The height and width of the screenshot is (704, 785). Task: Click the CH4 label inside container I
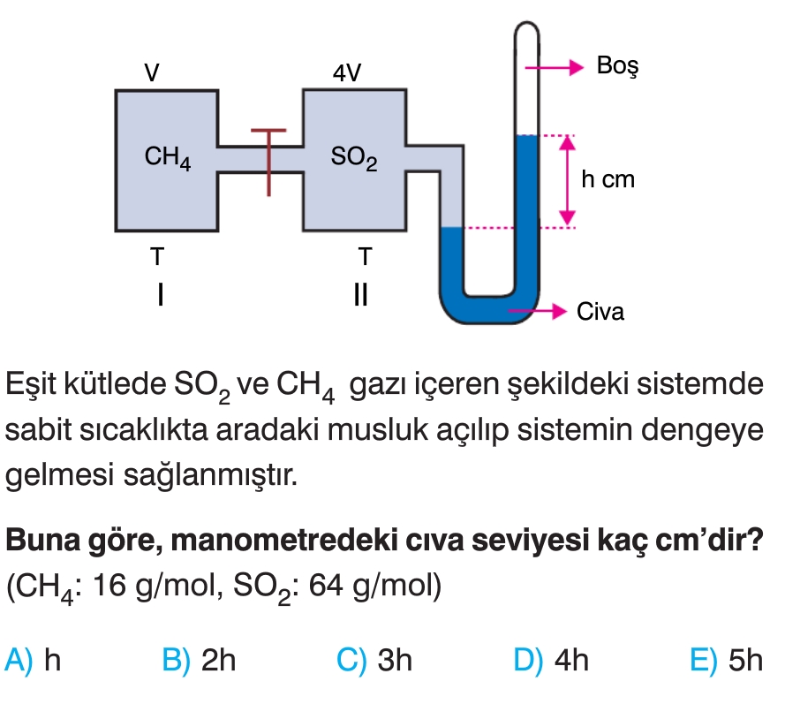pyautogui.click(x=168, y=159)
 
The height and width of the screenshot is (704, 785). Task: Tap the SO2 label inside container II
pyautogui.click(x=354, y=159)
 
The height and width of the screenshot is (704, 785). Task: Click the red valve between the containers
pyautogui.click(x=268, y=159)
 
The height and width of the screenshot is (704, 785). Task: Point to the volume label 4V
pyautogui.click(x=346, y=72)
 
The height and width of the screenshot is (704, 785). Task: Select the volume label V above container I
pyautogui.click(x=152, y=72)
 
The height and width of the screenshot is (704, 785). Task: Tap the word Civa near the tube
pyautogui.click(x=600, y=312)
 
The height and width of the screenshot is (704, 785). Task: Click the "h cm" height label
pyautogui.click(x=608, y=180)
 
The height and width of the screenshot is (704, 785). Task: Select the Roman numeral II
pyautogui.click(x=359, y=293)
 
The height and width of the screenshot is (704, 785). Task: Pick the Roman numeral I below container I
pyautogui.click(x=159, y=293)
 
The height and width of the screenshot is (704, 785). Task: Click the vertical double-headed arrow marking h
pyautogui.click(x=568, y=180)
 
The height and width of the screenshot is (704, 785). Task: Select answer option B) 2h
pyautogui.click(x=200, y=660)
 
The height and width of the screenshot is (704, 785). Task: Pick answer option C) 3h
pyautogui.click(x=375, y=660)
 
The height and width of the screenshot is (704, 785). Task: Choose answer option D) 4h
pyautogui.click(x=551, y=660)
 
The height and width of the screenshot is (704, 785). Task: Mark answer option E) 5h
pyautogui.click(x=727, y=660)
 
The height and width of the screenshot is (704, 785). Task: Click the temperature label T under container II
pyautogui.click(x=365, y=257)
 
